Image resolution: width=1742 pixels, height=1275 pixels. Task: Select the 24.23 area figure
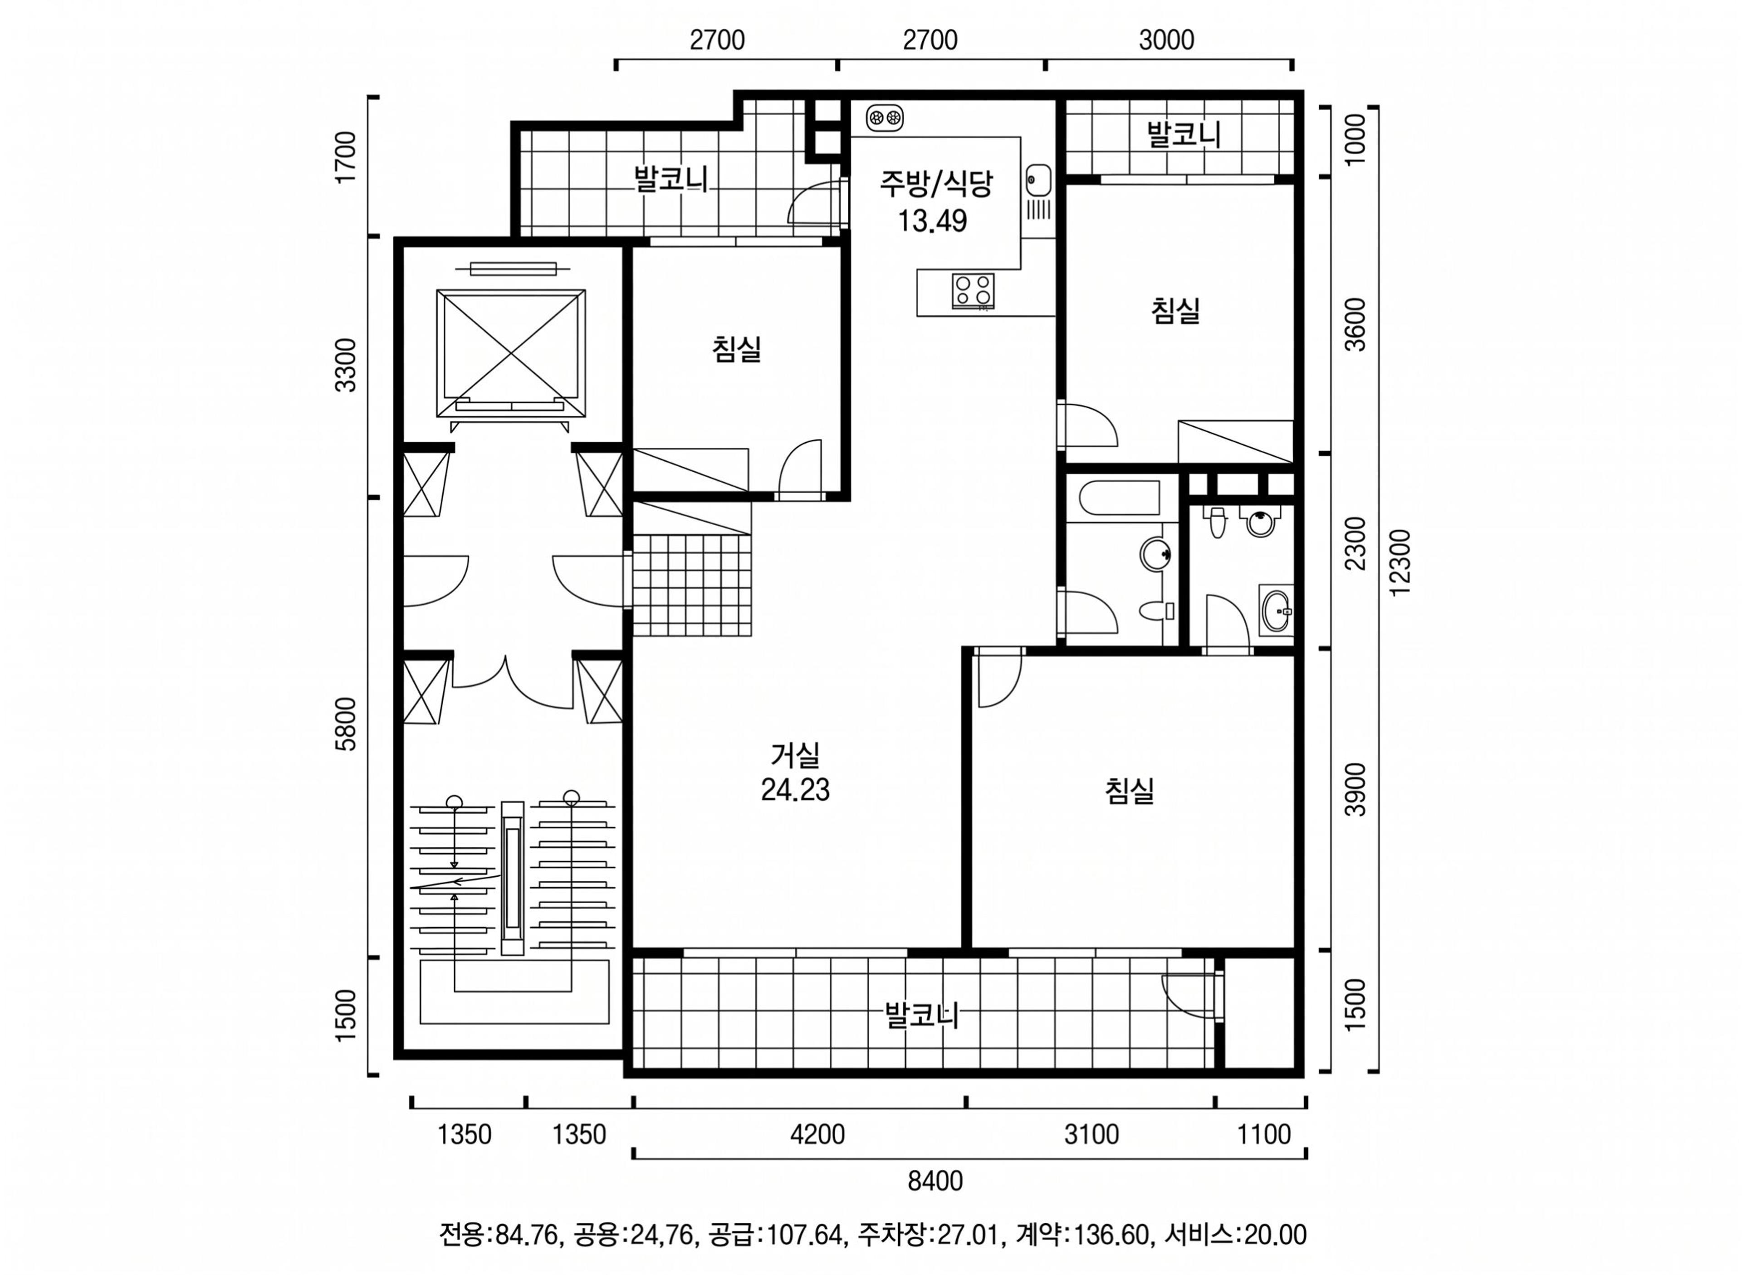[795, 790]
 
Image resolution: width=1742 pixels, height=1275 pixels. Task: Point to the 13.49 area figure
[932, 221]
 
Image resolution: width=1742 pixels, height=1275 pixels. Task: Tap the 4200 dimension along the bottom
[817, 1134]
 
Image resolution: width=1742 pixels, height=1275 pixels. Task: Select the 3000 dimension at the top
[1166, 39]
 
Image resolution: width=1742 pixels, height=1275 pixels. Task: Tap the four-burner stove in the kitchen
[973, 291]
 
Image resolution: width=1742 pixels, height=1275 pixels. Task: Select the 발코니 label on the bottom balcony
[921, 1014]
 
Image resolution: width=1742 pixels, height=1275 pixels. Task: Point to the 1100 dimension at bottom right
[1263, 1134]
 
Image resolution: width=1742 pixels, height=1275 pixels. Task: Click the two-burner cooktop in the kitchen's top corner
[885, 117]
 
